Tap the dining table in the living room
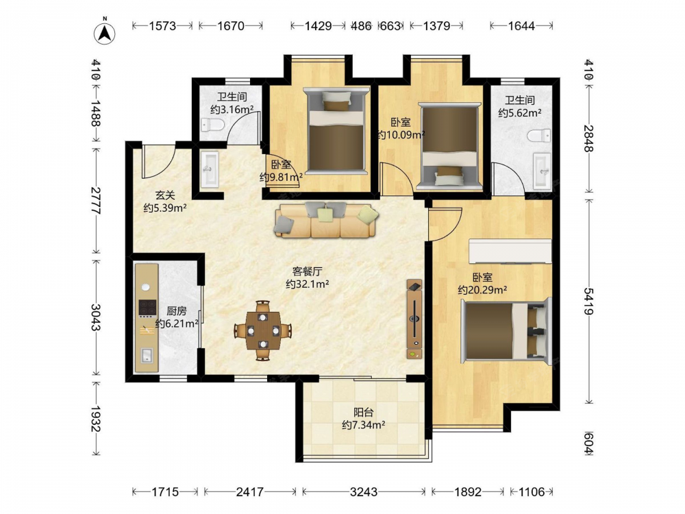coord(262,330)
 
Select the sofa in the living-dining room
coord(326,220)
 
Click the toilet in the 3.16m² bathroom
coord(213,126)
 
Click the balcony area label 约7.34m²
coord(364,425)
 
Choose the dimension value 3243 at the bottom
coord(364,492)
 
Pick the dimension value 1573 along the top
coord(162,26)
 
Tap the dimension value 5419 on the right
coord(588,301)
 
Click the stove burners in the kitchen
coord(147,307)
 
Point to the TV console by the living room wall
coord(414,319)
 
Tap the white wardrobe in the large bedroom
coord(510,251)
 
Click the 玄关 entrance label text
coord(164,195)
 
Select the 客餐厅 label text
coord(307,271)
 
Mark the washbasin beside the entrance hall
coord(209,169)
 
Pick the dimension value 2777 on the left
coord(95,200)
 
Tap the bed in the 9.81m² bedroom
coord(336,130)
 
